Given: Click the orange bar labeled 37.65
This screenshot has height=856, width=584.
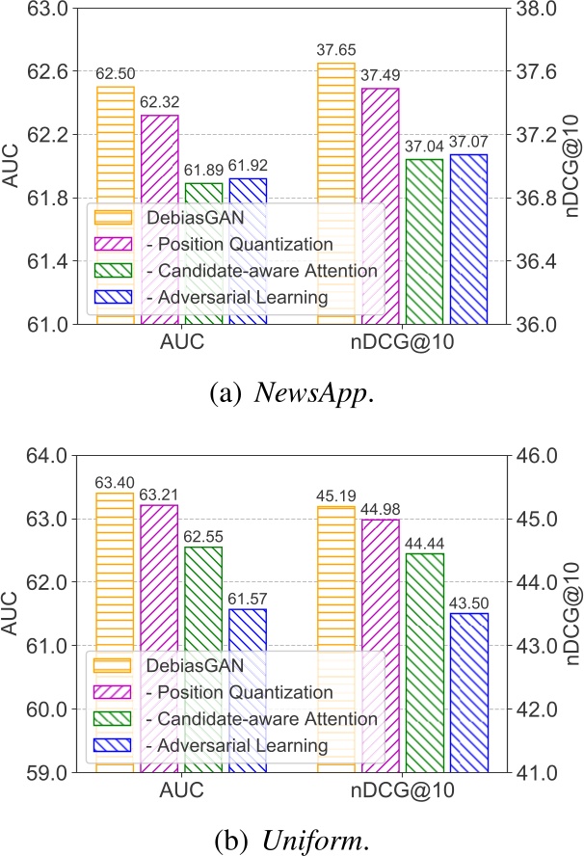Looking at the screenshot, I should pos(336,193).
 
